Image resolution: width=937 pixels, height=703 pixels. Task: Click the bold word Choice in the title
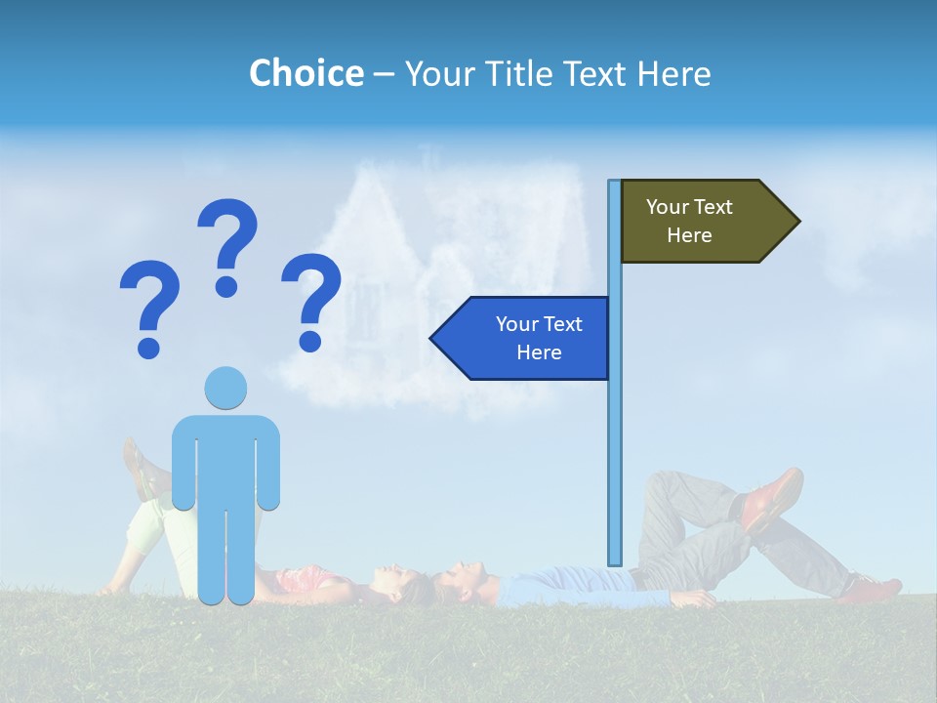pyautogui.click(x=306, y=73)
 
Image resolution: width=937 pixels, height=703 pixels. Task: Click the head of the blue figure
pyautogui.click(x=226, y=389)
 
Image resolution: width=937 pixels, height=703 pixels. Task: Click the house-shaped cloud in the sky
pyautogui.click(x=429, y=283)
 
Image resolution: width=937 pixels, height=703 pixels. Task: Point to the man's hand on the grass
pyautogui.click(x=694, y=598)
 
